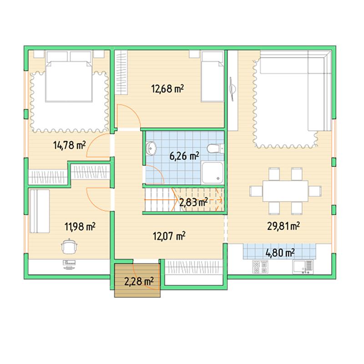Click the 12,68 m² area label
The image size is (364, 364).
(167, 89)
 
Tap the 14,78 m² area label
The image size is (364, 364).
(70, 145)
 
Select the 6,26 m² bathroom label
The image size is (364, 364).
(184, 156)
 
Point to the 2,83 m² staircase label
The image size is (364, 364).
(193, 202)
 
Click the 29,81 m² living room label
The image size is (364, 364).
(283, 226)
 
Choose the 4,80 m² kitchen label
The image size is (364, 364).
(280, 253)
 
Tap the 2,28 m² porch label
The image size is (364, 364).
(139, 282)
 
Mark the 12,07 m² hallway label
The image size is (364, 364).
(169, 236)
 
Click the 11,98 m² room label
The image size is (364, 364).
(80, 227)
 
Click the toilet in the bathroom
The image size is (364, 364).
(215, 148)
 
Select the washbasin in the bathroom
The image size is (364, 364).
(151, 148)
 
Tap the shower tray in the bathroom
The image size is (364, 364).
(212, 173)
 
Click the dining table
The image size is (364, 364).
(285, 191)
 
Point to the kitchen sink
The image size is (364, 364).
(303, 267)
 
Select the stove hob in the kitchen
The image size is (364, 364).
(260, 267)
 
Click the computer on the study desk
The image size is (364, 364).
(69, 265)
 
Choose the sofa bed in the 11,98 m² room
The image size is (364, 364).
(40, 211)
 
